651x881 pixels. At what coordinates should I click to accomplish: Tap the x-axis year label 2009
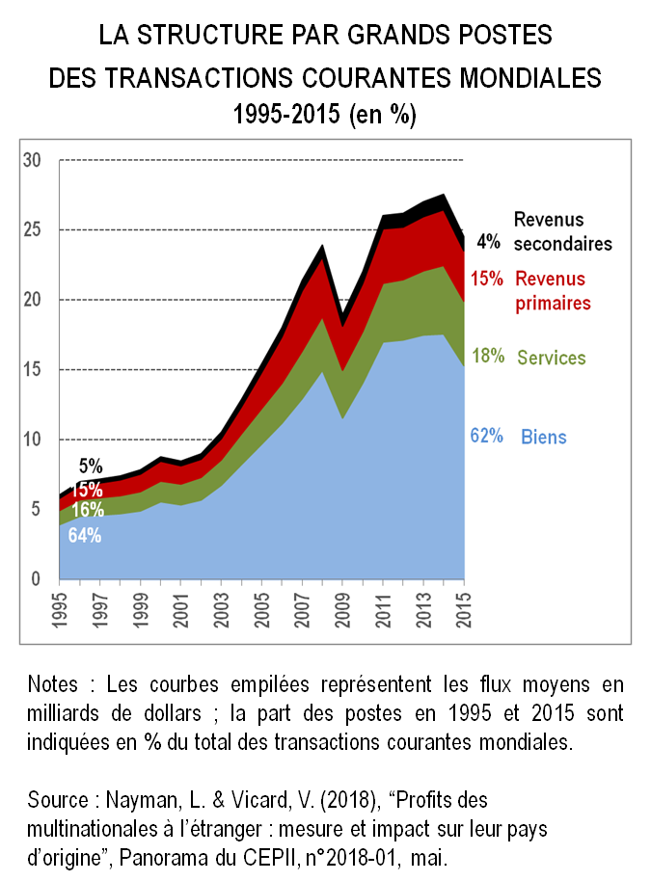(x=342, y=608)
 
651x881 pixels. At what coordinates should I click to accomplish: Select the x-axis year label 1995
(x=60, y=608)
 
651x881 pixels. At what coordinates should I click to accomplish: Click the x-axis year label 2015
(x=464, y=608)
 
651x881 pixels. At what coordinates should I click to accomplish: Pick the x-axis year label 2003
(x=221, y=608)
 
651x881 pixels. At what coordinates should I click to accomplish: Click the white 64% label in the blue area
(x=85, y=535)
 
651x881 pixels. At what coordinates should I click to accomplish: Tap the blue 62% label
(x=486, y=436)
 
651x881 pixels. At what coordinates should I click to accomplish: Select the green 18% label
(x=487, y=356)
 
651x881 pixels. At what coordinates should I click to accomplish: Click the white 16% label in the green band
(x=88, y=509)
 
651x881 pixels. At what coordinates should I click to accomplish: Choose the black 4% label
(x=488, y=242)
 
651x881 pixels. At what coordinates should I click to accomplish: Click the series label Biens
(x=544, y=437)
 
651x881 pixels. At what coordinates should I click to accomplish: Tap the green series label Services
(x=552, y=358)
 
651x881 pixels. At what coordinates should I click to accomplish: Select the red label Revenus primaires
(x=553, y=291)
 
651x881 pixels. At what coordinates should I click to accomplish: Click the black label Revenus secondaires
(x=562, y=231)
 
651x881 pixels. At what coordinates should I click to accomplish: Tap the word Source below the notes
(x=60, y=799)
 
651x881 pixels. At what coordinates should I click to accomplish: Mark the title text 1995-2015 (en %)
(x=325, y=116)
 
